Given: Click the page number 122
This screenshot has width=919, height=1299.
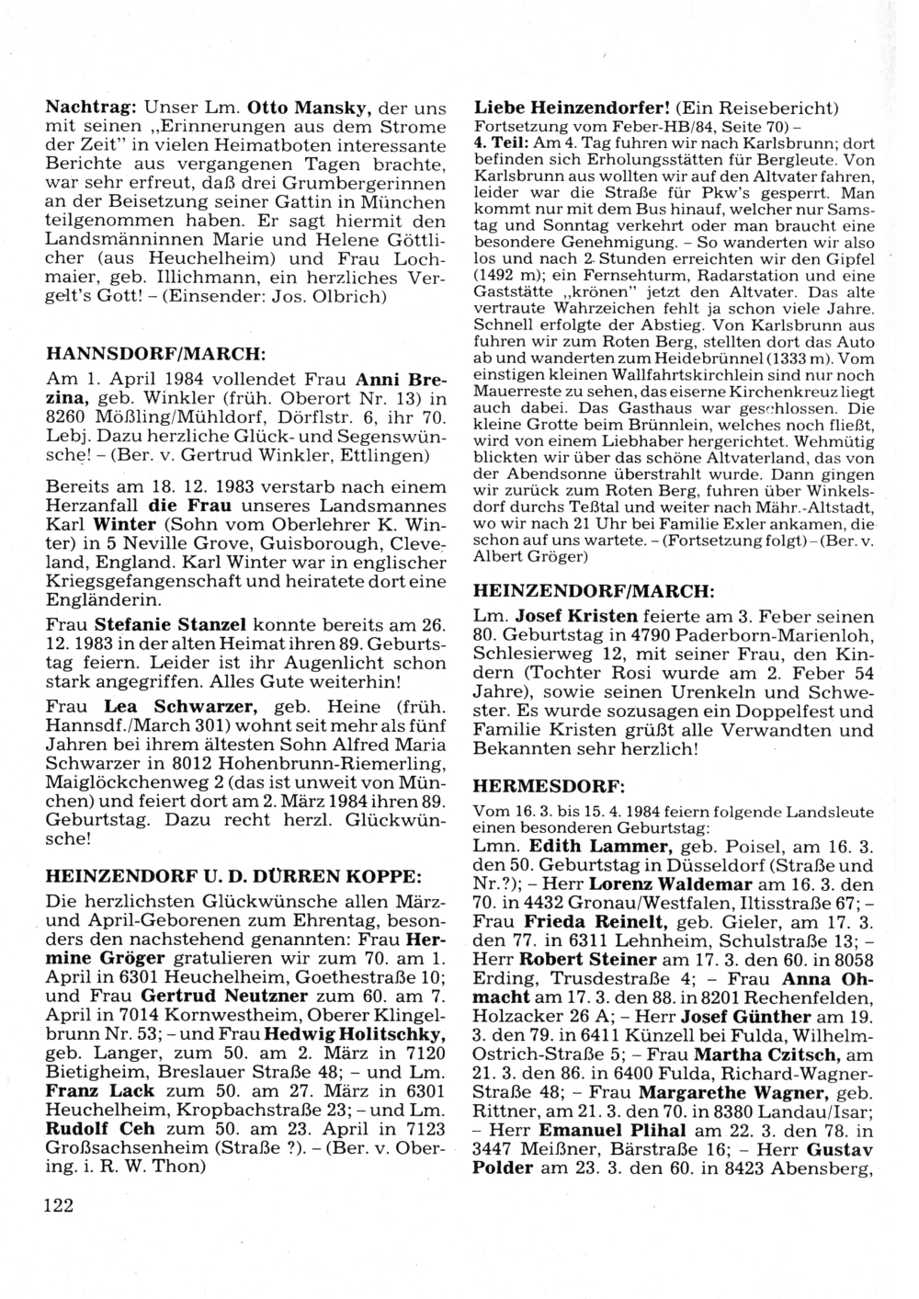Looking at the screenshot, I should click(x=58, y=1206).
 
